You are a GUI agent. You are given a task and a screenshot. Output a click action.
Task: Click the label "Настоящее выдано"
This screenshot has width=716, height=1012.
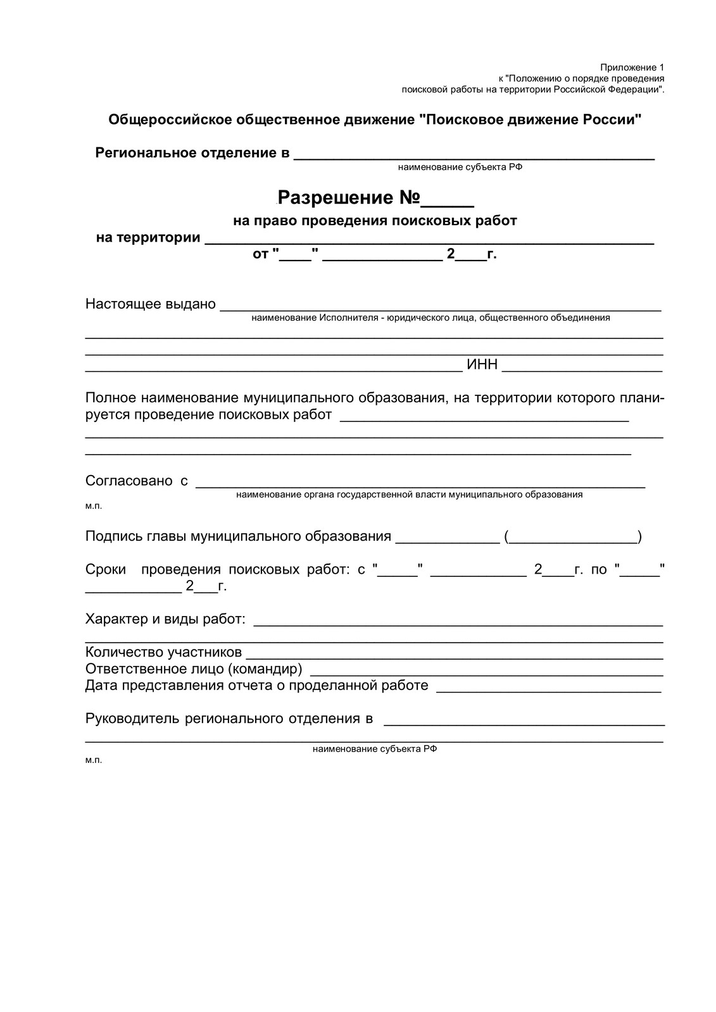pos(151,304)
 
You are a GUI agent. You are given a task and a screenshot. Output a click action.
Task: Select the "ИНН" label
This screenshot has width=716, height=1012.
pos(482,365)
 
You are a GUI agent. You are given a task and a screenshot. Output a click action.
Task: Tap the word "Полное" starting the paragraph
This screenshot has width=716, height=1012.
pos(111,398)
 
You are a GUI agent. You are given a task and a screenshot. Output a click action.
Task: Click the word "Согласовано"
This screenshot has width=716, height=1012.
pos(129,481)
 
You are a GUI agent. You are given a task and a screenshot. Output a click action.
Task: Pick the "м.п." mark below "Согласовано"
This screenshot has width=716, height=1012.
pos(93,506)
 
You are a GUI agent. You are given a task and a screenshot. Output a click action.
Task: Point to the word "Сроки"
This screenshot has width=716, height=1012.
pos(106,569)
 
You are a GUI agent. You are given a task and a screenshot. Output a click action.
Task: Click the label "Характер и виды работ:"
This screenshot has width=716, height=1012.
pos(165,619)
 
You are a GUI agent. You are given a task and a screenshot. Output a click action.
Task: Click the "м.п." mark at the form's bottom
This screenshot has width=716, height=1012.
pos(93,760)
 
